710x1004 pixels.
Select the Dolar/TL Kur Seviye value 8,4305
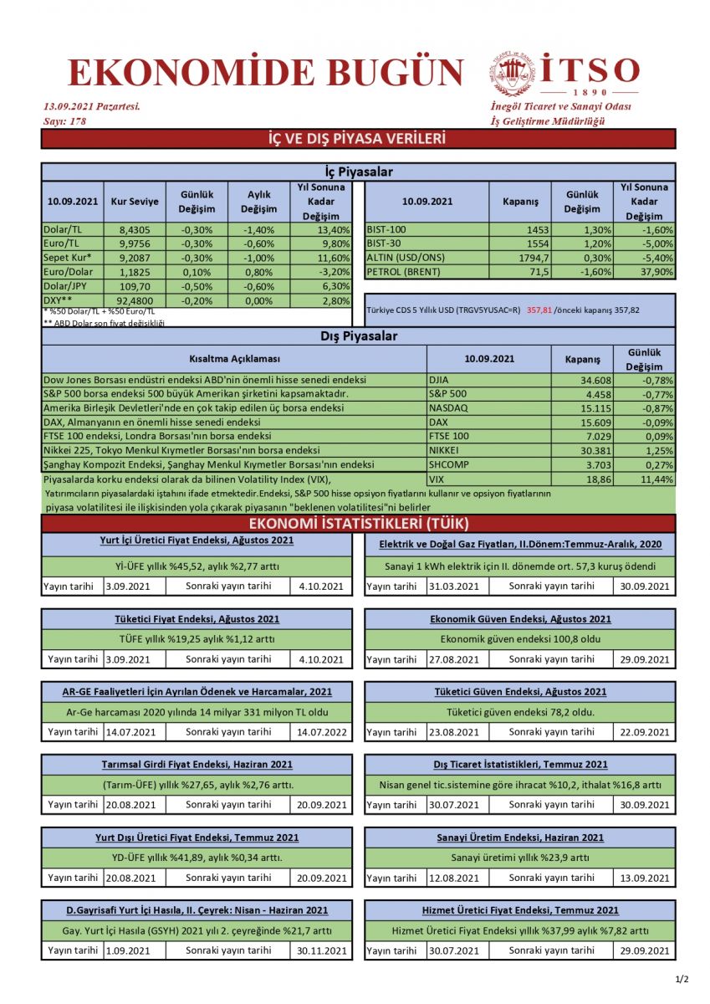click(x=134, y=230)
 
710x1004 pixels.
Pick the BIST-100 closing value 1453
click(x=537, y=230)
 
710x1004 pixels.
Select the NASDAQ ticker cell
click(x=448, y=407)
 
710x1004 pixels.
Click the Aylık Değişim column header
click(x=259, y=202)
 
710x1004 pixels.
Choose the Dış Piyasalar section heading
click(x=358, y=336)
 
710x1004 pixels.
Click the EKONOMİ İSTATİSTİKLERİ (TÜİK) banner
click(x=358, y=524)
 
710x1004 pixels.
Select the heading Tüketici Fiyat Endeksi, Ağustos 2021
click(x=197, y=619)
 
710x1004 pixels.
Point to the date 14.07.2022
click(x=322, y=732)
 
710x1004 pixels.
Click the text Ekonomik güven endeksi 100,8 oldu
click(x=520, y=639)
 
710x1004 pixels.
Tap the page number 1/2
click(x=682, y=979)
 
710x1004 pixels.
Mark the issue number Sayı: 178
click(x=64, y=121)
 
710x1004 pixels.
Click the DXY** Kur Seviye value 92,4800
click(x=134, y=300)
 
